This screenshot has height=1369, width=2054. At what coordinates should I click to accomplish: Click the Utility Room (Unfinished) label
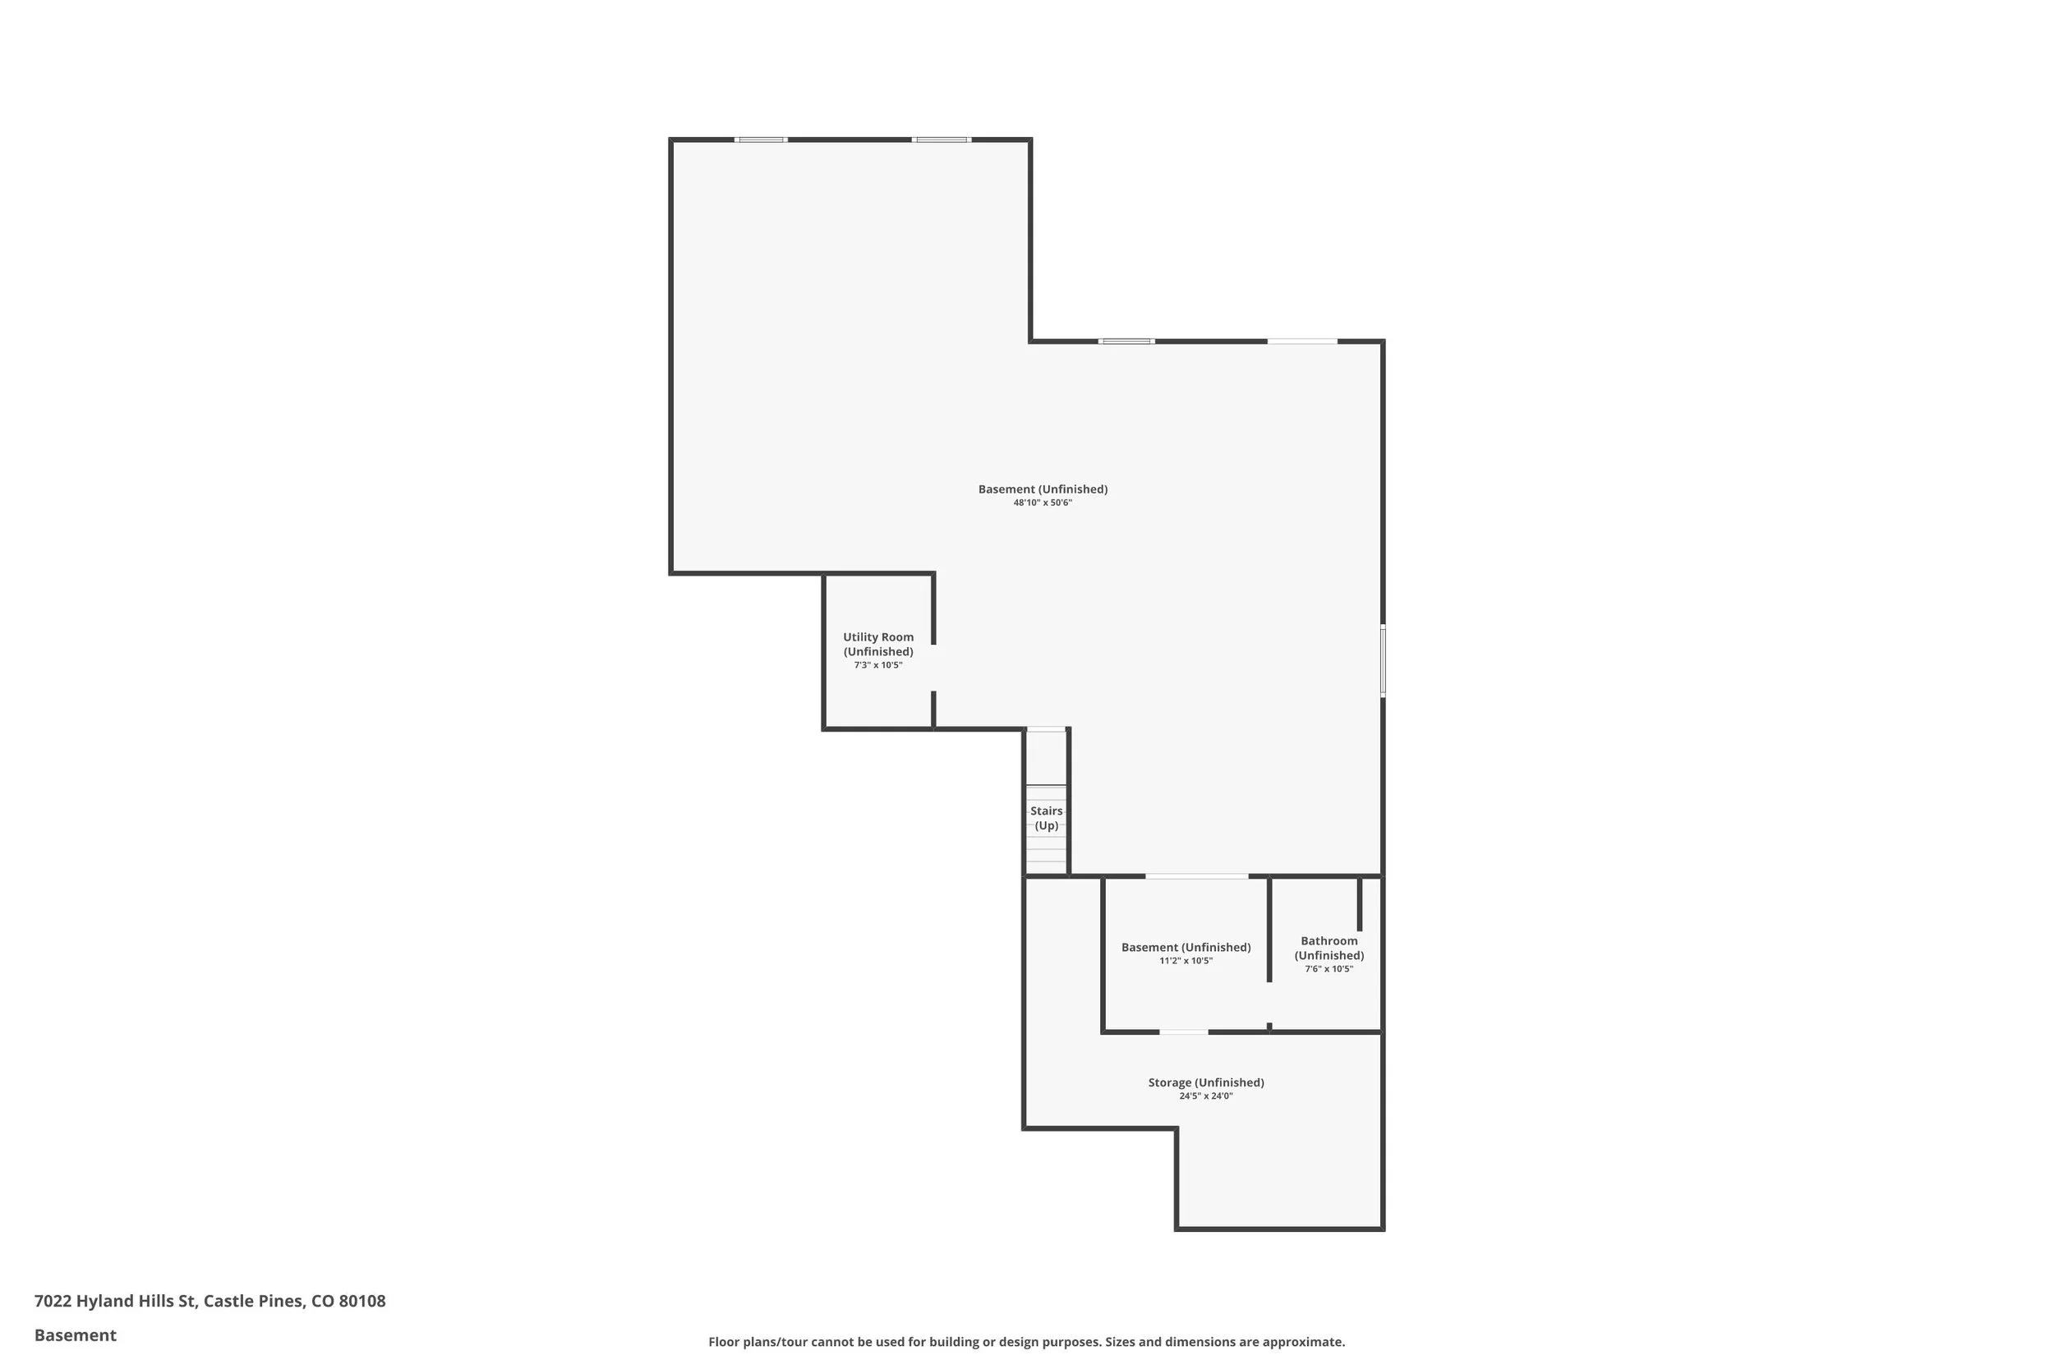877,645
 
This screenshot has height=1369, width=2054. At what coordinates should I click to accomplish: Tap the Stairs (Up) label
1045,818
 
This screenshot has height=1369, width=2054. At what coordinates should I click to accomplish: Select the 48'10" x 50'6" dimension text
1042,503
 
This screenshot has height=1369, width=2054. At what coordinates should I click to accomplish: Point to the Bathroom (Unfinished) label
1329,948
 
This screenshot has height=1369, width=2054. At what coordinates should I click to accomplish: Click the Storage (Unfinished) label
1205,1082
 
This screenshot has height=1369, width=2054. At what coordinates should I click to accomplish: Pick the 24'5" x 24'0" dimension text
1205,1096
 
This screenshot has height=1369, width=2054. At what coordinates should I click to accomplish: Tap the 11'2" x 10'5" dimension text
1185,962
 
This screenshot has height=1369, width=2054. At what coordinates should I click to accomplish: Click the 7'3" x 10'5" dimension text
877,665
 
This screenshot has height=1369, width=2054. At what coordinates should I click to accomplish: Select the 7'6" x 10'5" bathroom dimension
1329,969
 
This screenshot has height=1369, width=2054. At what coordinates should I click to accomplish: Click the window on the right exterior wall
1383,661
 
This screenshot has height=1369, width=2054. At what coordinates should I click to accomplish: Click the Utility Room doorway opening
933,668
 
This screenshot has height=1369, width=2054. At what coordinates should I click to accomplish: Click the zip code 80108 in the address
362,1301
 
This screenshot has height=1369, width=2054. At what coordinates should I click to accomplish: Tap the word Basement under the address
75,1335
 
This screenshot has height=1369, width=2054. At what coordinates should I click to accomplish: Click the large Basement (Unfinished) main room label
1042,489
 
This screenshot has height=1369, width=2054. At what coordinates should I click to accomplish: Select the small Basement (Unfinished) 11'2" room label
1185,948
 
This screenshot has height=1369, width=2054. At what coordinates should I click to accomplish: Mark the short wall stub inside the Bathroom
1359,904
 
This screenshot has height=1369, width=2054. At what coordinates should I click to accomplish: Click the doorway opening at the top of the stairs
1045,729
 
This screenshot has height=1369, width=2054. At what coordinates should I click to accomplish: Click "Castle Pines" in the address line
253,1301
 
